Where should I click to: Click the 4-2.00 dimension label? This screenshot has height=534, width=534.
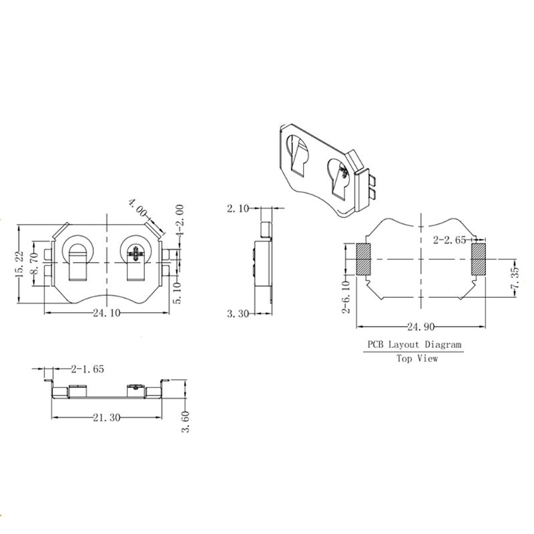179,222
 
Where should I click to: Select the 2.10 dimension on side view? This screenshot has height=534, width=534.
238,209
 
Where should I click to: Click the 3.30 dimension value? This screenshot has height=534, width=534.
238,313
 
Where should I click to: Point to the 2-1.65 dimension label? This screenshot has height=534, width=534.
87,368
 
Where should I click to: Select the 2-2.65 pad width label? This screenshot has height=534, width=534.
449,239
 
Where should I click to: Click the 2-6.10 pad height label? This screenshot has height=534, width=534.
345,295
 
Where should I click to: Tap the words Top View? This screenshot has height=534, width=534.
417,358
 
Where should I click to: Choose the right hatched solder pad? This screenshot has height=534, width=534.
479,259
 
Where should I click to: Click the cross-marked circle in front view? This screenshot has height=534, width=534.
137,253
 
